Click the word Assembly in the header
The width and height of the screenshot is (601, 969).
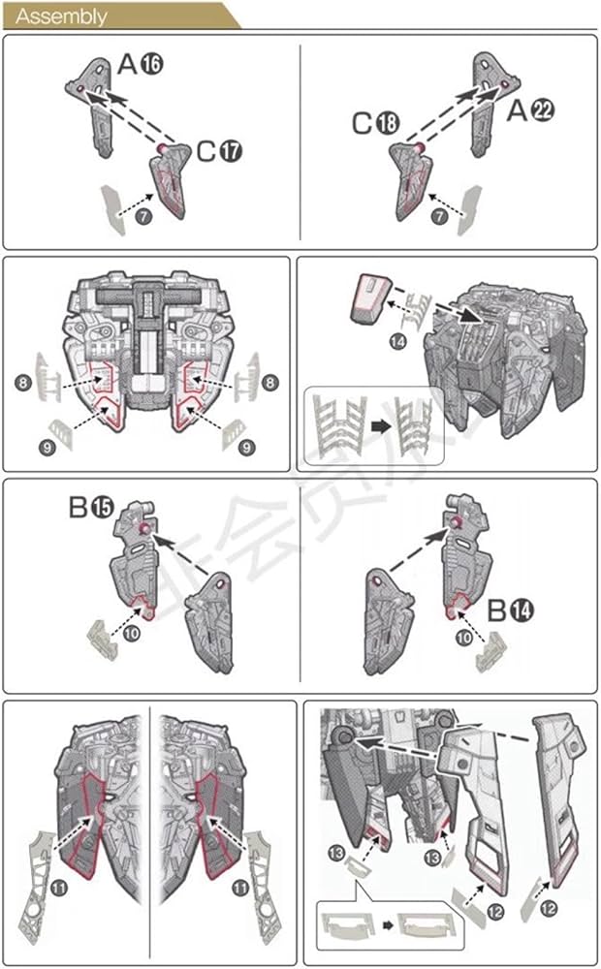point(62,16)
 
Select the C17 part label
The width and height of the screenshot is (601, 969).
point(219,151)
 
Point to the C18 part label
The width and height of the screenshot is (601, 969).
point(375,124)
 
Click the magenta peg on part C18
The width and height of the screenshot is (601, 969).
point(420,147)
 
